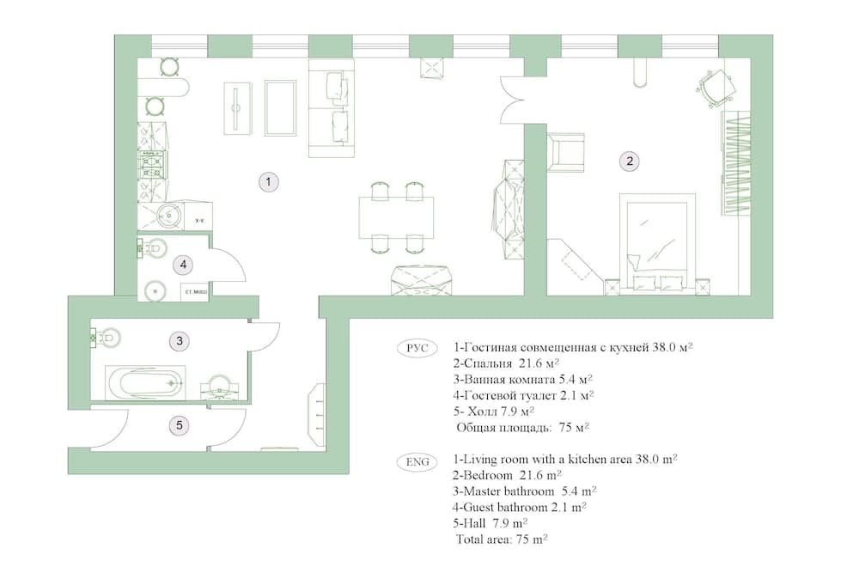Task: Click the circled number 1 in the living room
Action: pyautogui.click(x=269, y=181)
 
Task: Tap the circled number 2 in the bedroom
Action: pyautogui.click(x=630, y=161)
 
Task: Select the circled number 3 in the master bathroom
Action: pyautogui.click(x=179, y=341)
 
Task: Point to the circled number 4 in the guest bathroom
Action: pyautogui.click(x=182, y=265)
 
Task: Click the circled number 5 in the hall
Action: pyautogui.click(x=179, y=424)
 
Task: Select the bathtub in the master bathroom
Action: pyautogui.click(x=145, y=381)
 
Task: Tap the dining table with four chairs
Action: pyautogui.click(x=396, y=218)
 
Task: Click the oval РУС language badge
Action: pyautogui.click(x=417, y=348)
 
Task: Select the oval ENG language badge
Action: pyautogui.click(x=417, y=460)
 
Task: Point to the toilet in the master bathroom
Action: pyautogui.click(x=106, y=338)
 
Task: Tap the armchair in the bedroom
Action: pyautogui.click(x=564, y=151)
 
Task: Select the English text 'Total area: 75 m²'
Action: pyautogui.click(x=503, y=539)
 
